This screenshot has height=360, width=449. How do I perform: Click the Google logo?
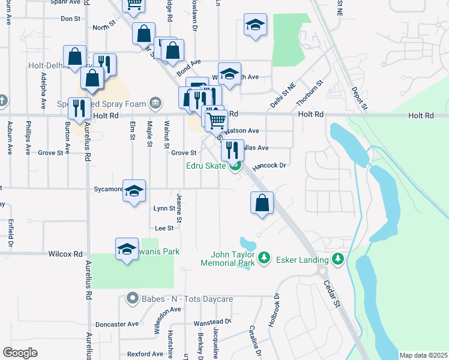[x=20, y=353]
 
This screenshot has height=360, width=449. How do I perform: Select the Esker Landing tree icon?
[x=339, y=259]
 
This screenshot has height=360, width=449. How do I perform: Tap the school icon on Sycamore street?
[x=134, y=191]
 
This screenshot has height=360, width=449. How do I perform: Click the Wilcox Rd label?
[x=65, y=254]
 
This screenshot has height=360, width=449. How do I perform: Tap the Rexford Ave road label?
[x=141, y=354]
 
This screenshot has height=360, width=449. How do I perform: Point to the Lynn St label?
[x=164, y=209]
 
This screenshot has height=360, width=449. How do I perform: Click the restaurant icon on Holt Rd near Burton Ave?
[x=79, y=109]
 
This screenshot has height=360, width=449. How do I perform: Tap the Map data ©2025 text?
[x=423, y=355]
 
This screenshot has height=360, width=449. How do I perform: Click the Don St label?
[x=70, y=19]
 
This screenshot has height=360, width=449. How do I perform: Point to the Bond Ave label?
[x=188, y=67]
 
